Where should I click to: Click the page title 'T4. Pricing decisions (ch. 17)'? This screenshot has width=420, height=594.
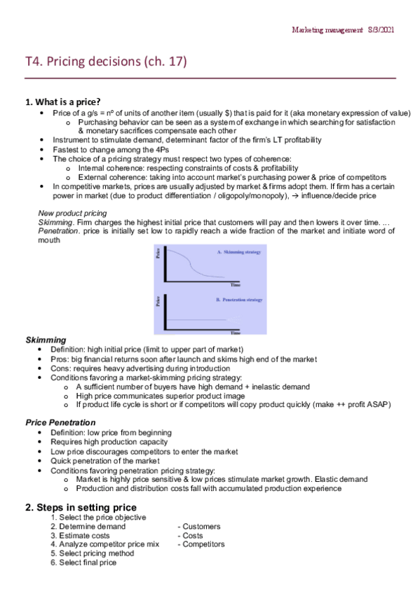pos(105,63)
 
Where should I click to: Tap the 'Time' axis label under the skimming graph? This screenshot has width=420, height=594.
pos(236,285)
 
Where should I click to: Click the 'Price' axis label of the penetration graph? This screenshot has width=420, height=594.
pos(158,302)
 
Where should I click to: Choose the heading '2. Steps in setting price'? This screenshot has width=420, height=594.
pos(81,506)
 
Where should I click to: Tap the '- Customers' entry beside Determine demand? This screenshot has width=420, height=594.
pos(201,526)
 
